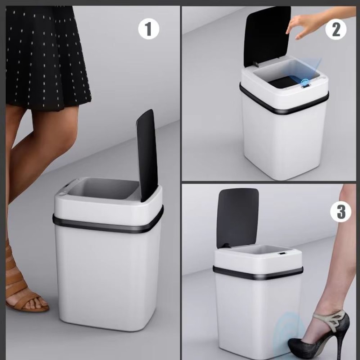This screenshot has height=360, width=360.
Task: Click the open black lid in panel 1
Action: pos(147,155)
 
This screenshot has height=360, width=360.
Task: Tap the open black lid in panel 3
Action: pos(237,216)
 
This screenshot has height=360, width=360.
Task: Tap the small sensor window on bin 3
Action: pos(283,256)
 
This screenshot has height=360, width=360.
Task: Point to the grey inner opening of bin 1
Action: pos(104,189)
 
